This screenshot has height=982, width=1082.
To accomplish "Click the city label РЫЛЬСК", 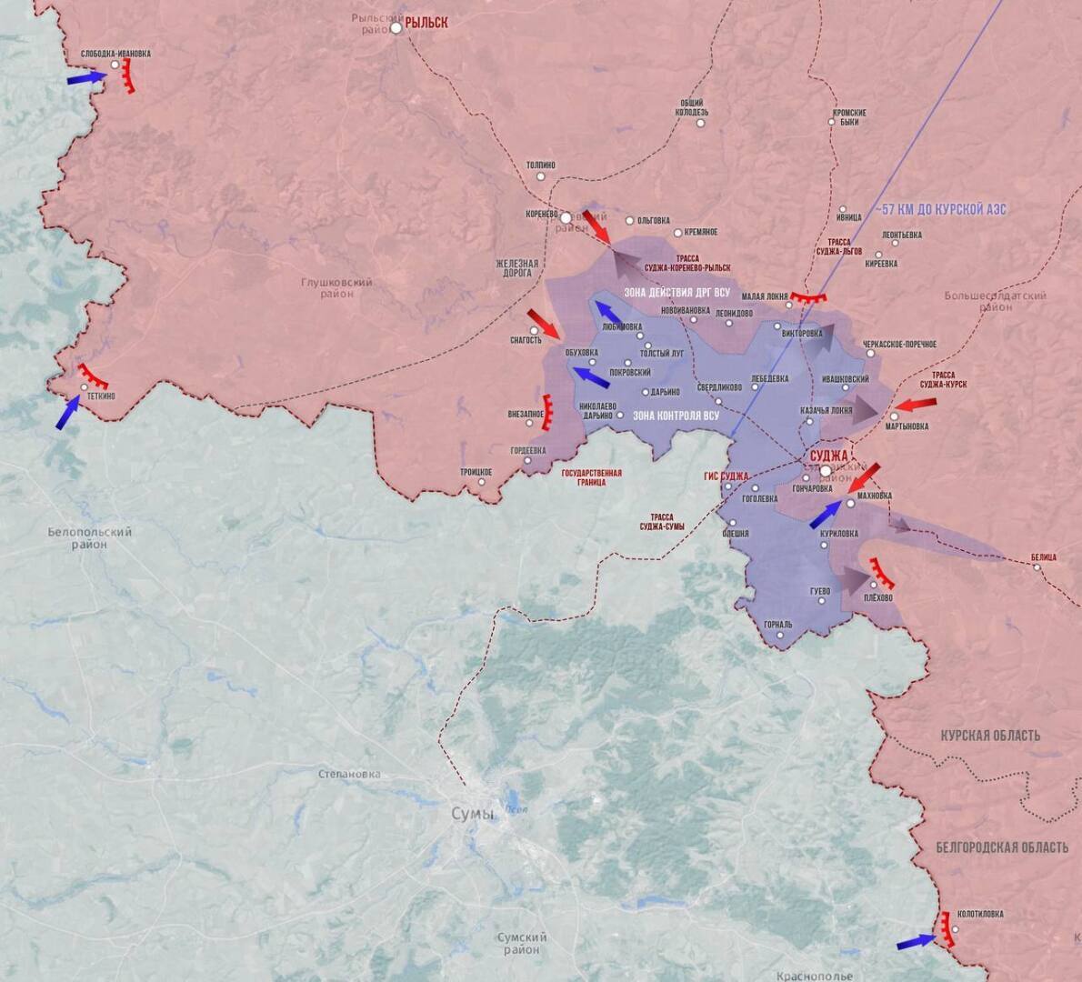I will pyautogui.click(x=426, y=23).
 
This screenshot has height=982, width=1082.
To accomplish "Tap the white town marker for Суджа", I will pyautogui.click(x=825, y=471).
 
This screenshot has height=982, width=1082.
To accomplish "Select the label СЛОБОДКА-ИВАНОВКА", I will pyautogui.click(x=115, y=54).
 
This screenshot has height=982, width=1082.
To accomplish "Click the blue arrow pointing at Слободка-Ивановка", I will pyautogui.click(x=85, y=79).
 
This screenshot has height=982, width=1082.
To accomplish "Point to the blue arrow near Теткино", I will pyautogui.click(x=67, y=414).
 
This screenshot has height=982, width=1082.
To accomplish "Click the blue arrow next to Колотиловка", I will pyautogui.click(x=916, y=942).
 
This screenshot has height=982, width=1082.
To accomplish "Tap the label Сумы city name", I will pyautogui.click(x=473, y=814).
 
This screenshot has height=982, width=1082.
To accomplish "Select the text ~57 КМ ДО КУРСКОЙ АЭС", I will pyautogui.click(x=941, y=209).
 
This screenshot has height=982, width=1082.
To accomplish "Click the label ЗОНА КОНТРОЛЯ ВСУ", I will pyautogui.click(x=676, y=416).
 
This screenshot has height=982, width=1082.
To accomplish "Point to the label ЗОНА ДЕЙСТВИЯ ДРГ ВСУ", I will pyautogui.click(x=676, y=293).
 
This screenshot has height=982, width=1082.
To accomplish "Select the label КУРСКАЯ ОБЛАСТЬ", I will pyautogui.click(x=990, y=735).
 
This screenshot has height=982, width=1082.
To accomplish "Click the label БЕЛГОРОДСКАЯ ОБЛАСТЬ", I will pyautogui.click(x=1002, y=847).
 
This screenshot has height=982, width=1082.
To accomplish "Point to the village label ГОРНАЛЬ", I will pyautogui.click(x=777, y=625).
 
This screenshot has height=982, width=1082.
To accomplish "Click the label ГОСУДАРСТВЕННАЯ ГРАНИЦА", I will pyautogui.click(x=591, y=477).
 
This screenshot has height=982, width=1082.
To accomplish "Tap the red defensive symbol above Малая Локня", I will pyautogui.click(x=807, y=297).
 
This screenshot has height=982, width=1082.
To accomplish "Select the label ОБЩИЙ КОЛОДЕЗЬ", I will pyautogui.click(x=692, y=107).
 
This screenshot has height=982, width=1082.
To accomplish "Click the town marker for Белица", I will pyautogui.click(x=1037, y=567).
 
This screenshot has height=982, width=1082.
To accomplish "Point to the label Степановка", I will pyautogui.click(x=349, y=775).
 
